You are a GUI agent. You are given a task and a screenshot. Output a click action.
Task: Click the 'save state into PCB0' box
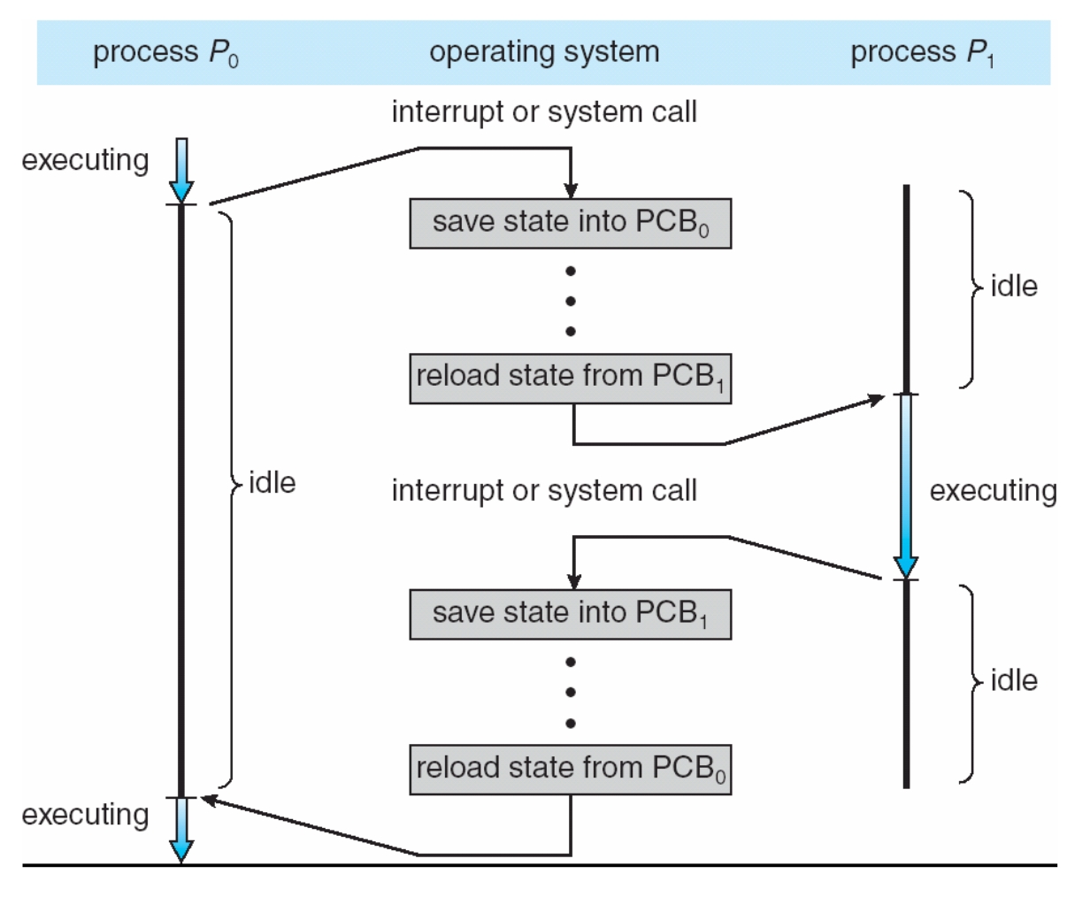pyautogui.click(x=570, y=223)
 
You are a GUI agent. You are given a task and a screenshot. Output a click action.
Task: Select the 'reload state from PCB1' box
pyautogui.click(x=570, y=378)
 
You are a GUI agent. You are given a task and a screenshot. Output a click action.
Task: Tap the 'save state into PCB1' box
pyautogui.click(x=570, y=614)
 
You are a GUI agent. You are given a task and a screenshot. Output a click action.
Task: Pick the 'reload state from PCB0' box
pyautogui.click(x=570, y=769)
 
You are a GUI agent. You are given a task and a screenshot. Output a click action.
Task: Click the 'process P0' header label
pyautogui.click(x=165, y=53)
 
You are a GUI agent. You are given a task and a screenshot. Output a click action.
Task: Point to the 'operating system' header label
pyautogui.click(x=544, y=52)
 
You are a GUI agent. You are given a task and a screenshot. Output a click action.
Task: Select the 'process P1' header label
pyautogui.click(x=922, y=53)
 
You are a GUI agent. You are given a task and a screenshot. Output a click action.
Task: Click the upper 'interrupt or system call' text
pyautogui.click(x=544, y=112)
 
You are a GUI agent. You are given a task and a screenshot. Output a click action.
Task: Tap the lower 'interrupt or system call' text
pyautogui.click(x=544, y=490)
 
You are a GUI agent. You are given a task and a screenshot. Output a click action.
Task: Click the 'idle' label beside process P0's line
pyautogui.click(x=272, y=483)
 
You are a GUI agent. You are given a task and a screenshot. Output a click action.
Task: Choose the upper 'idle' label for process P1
pyautogui.click(x=1014, y=287)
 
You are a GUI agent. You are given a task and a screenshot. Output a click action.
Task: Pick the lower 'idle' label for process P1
pyautogui.click(x=1014, y=680)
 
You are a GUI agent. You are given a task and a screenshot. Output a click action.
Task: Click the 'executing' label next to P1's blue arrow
pyautogui.click(x=993, y=490)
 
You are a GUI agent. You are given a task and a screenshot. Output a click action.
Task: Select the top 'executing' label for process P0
pyautogui.click(x=85, y=160)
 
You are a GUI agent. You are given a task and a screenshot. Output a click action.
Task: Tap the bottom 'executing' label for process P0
pyautogui.click(x=85, y=815)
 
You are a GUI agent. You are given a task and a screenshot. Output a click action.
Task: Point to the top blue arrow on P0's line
pyautogui.click(x=181, y=170)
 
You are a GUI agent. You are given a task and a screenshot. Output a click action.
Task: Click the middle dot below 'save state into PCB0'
pyautogui.click(x=571, y=302)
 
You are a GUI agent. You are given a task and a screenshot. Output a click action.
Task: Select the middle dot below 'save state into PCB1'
pyautogui.click(x=571, y=693)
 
